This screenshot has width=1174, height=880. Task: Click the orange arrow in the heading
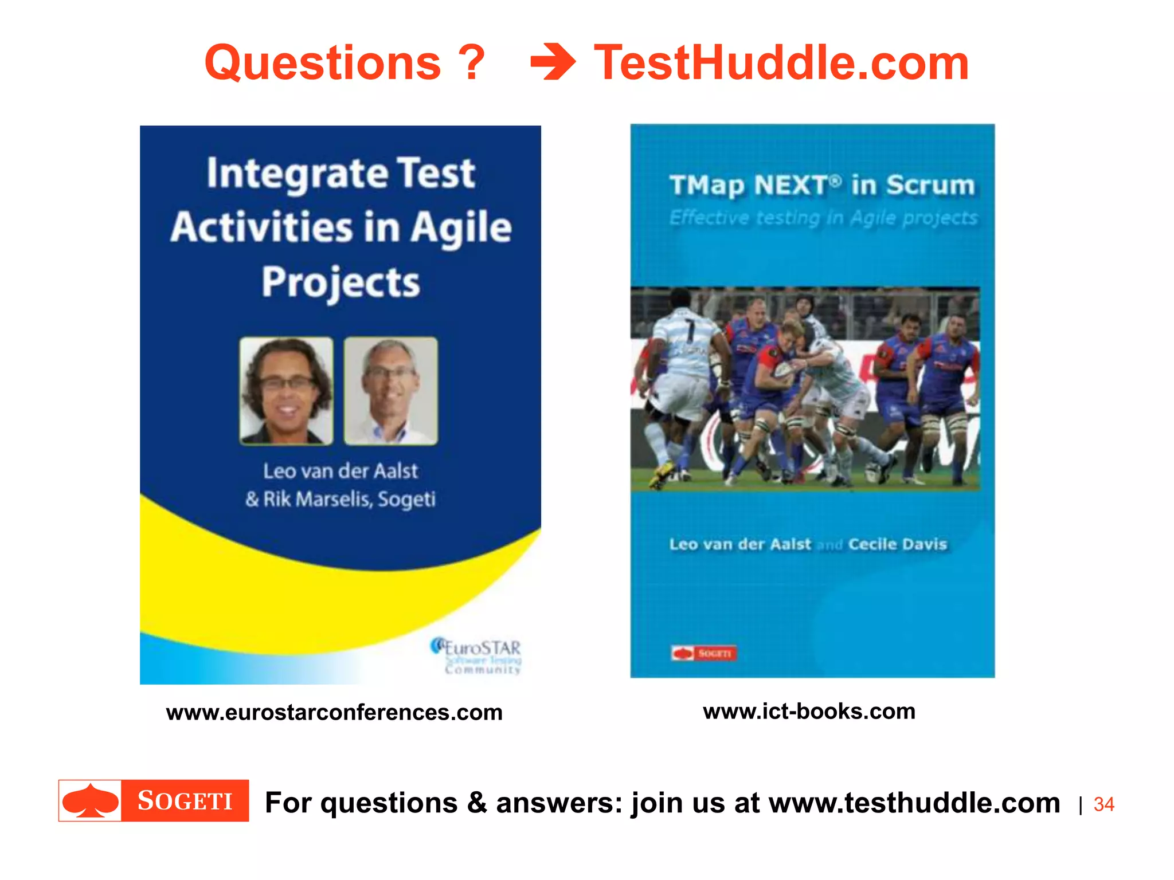click(553, 62)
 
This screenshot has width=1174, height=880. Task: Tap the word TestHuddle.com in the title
click(781, 63)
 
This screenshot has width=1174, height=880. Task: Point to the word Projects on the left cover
click(341, 282)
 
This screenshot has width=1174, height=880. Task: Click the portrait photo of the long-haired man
click(286, 391)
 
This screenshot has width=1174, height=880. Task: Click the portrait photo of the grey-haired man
click(390, 391)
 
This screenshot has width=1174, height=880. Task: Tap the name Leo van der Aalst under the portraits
click(341, 471)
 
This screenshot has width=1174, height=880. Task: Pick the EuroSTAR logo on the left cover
click(476, 655)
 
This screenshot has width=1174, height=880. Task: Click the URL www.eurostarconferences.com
click(334, 713)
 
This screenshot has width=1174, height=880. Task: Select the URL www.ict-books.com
click(809, 712)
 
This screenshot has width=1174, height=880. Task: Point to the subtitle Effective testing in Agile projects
click(823, 218)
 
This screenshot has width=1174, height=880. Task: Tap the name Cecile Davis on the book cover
click(897, 544)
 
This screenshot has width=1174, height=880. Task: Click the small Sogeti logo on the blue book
click(703, 653)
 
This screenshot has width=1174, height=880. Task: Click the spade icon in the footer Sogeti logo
click(91, 801)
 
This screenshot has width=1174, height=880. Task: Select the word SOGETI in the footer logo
click(185, 801)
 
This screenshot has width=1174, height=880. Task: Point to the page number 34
click(1103, 804)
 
